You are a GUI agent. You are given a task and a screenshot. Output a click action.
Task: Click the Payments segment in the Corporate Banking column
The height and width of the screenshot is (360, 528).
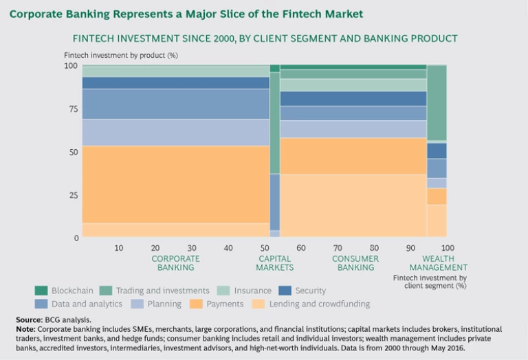click(175, 184)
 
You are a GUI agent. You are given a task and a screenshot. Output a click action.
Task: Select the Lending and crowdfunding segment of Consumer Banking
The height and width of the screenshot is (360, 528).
click(353, 205)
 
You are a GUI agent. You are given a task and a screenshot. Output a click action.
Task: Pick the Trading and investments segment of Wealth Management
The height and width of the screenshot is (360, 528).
click(437, 103)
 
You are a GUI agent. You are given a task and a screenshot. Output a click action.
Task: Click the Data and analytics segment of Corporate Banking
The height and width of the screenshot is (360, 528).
click(175, 104)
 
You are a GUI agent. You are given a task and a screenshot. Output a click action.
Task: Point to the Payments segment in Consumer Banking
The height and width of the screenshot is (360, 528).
click(353, 156)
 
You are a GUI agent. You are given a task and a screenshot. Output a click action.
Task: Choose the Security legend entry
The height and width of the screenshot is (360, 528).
click(310, 291)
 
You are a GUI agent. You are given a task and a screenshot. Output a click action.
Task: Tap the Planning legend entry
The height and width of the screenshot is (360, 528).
click(164, 304)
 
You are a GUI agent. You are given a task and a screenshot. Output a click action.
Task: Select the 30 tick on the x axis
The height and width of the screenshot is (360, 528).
click(192, 247)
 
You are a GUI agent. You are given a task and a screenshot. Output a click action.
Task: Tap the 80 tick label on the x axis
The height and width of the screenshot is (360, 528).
click(374, 247)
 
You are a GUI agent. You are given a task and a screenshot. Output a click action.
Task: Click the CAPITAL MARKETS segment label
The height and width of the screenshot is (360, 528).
click(275, 263)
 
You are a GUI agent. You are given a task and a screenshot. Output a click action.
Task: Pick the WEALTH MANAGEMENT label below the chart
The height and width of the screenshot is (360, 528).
click(438, 263)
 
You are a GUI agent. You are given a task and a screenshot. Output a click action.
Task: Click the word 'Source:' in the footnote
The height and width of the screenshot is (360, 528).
click(27, 320)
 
